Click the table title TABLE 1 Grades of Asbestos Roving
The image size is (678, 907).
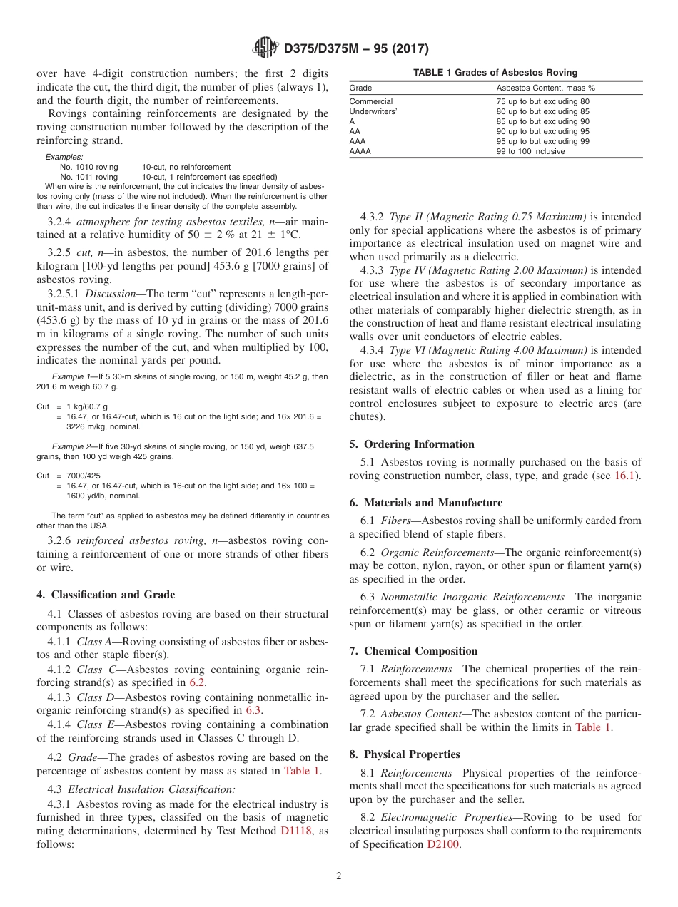(x=495, y=73)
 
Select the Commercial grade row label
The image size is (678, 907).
(x=370, y=101)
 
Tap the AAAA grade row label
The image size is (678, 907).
(x=360, y=151)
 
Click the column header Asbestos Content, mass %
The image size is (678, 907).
(x=546, y=88)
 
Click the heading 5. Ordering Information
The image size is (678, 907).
(x=412, y=444)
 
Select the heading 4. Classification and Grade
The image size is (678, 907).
(x=106, y=595)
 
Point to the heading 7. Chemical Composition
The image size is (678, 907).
(x=413, y=650)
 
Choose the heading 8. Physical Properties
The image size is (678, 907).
(x=405, y=754)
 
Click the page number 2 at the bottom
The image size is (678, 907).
(x=339, y=876)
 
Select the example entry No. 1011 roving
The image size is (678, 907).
(x=89, y=177)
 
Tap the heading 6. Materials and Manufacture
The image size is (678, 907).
(x=426, y=502)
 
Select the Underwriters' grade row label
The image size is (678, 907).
(x=373, y=111)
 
